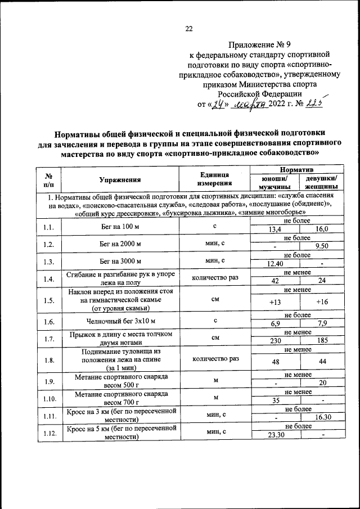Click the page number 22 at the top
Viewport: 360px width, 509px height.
[x=189, y=29]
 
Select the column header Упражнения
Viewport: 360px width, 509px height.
[x=120, y=180]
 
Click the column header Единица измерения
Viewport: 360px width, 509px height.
[x=214, y=179]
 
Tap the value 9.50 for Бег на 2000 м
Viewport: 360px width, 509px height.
[x=322, y=246]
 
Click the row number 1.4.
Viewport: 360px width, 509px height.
[x=48, y=280]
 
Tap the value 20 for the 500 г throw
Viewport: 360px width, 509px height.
[x=322, y=383]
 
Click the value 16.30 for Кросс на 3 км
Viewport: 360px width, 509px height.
[x=322, y=418]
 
